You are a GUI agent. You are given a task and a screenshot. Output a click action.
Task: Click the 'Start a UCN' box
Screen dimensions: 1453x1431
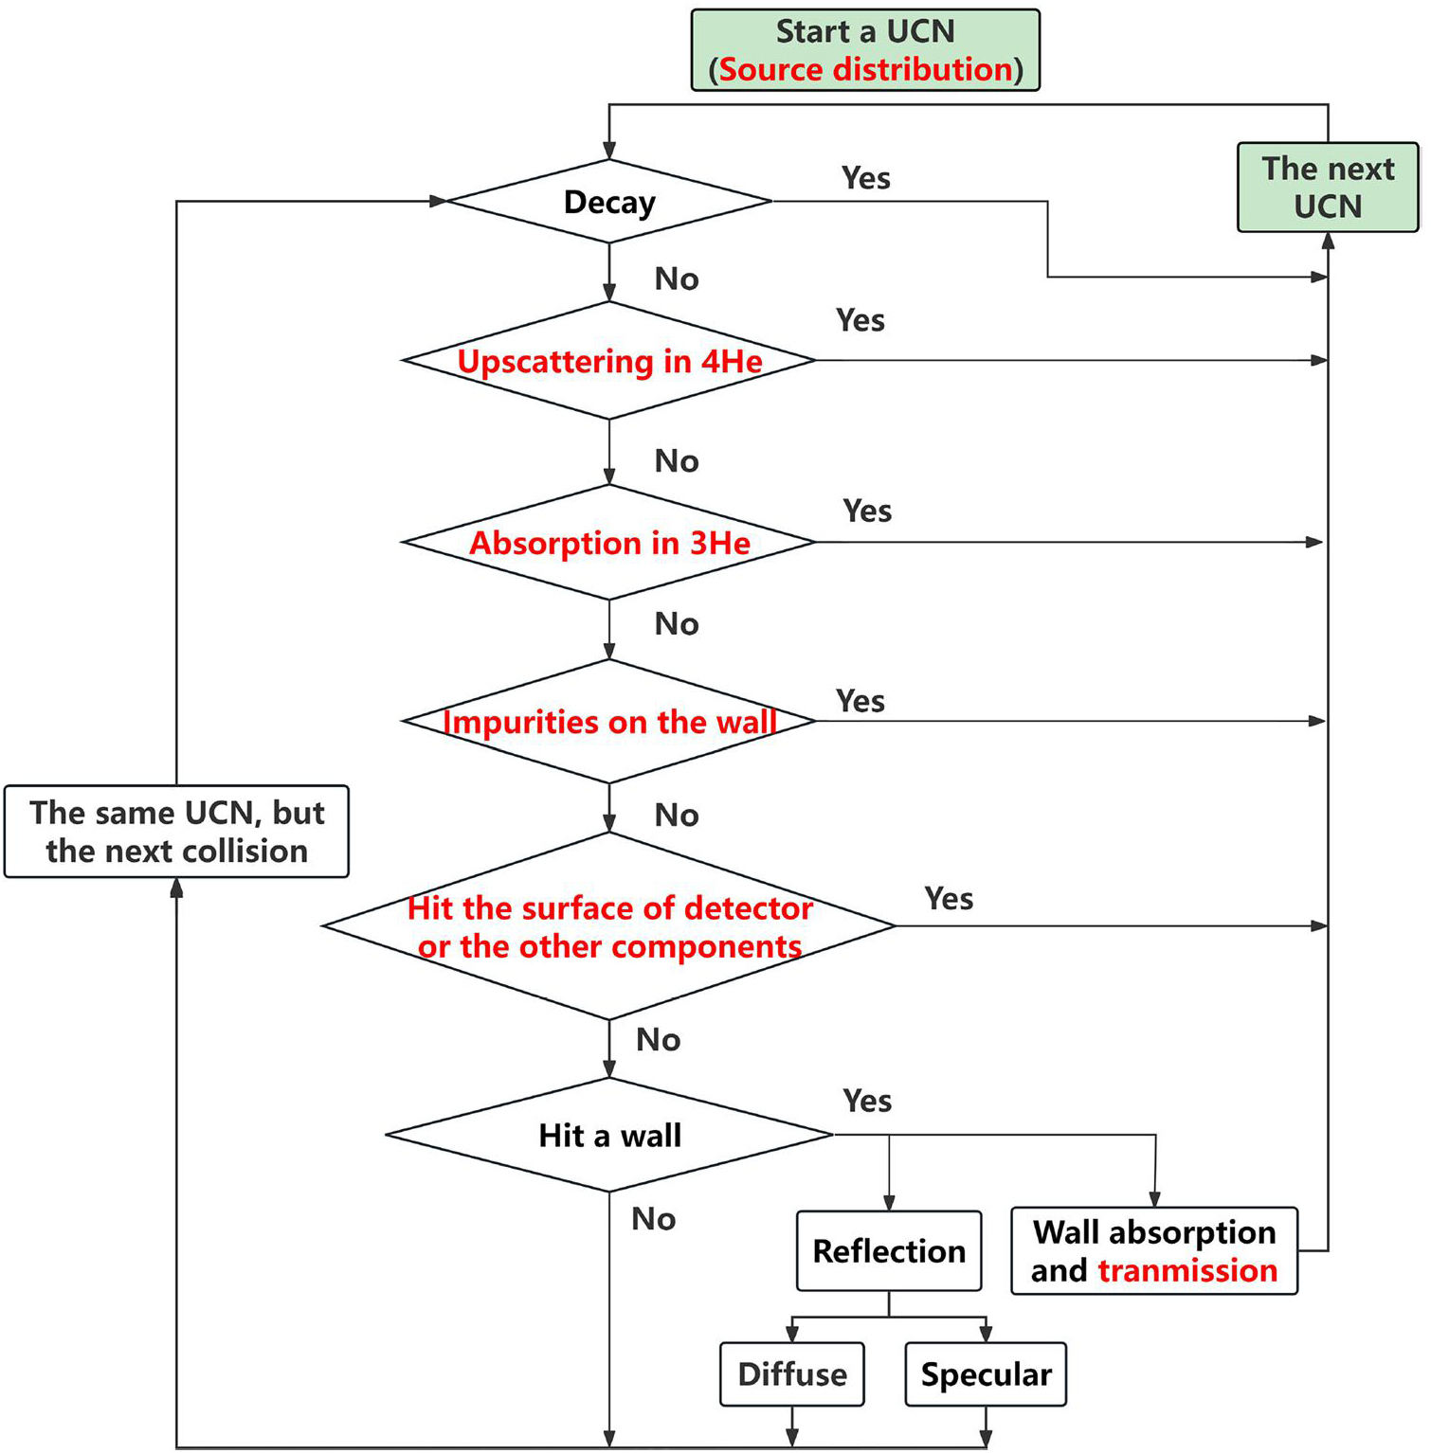coord(864,50)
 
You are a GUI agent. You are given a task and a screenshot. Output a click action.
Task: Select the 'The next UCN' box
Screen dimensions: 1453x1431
coord(1327,188)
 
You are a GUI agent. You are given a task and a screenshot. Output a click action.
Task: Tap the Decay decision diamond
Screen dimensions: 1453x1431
coord(609,202)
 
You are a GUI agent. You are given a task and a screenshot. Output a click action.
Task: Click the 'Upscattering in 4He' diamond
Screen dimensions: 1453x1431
coord(609,361)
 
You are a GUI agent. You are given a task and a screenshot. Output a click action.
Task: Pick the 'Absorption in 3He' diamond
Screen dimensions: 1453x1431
coord(609,543)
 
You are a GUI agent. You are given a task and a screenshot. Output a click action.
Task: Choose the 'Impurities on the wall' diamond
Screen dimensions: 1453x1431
coord(609,722)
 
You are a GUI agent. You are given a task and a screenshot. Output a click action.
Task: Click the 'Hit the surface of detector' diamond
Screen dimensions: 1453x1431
coord(609,926)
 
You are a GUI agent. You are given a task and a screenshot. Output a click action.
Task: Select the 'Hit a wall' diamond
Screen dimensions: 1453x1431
coord(609,1135)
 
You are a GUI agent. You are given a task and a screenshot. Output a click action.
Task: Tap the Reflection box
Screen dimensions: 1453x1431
coord(889,1251)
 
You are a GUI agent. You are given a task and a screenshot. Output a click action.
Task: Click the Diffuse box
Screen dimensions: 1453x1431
coord(792,1374)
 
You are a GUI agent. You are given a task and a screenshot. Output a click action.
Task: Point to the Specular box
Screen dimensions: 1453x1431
coord(986,1374)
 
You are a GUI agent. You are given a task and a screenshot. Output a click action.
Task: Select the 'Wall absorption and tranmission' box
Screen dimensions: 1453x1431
coord(1154,1251)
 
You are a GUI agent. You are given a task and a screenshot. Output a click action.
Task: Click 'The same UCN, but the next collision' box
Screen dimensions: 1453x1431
coord(177,832)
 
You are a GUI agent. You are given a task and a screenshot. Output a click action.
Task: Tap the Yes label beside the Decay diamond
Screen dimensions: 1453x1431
coord(865,178)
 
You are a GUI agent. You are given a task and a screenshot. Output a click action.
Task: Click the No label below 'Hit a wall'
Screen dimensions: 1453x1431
coord(653,1219)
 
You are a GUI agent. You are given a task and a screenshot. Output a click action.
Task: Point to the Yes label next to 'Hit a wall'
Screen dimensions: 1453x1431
coord(867,1101)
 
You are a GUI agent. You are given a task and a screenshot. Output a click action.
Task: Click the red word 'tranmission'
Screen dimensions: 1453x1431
coord(1187,1270)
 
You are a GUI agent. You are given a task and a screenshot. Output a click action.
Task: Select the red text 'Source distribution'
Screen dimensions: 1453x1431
coord(866,70)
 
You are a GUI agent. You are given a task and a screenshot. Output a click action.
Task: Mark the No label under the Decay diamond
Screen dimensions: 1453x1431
coord(677,279)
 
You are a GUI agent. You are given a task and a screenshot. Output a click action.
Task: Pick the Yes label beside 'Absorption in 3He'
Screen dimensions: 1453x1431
coord(867,511)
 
